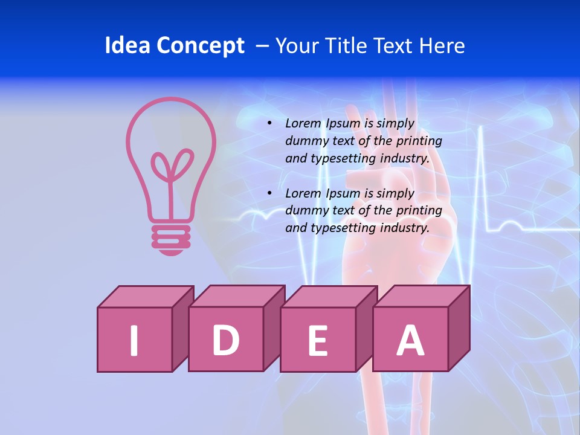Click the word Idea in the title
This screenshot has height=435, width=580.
point(127,46)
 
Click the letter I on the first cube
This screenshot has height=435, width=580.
point(134,340)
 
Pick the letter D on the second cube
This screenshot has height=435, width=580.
point(225,340)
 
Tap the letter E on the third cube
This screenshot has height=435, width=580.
point(318,341)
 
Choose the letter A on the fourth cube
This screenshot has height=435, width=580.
point(410,340)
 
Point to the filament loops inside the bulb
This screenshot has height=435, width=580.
point(172,166)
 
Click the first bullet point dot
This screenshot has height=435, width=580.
point(269,123)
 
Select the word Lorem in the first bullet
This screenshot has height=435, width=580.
point(304,123)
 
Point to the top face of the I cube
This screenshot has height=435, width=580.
point(146,297)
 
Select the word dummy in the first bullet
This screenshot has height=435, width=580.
point(305,141)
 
